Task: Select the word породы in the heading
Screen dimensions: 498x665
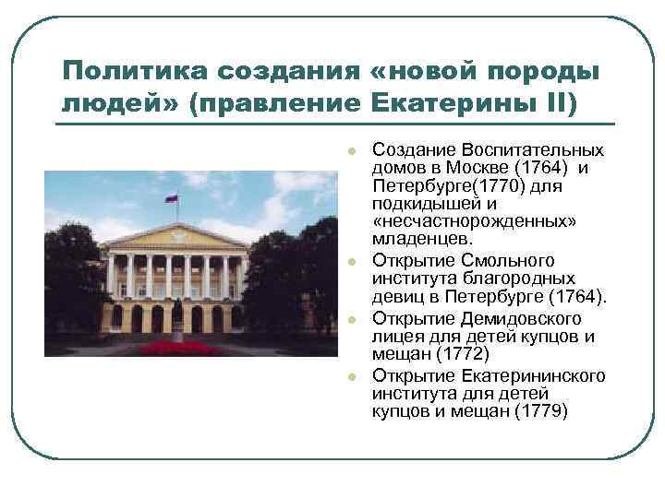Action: click(545, 71)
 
